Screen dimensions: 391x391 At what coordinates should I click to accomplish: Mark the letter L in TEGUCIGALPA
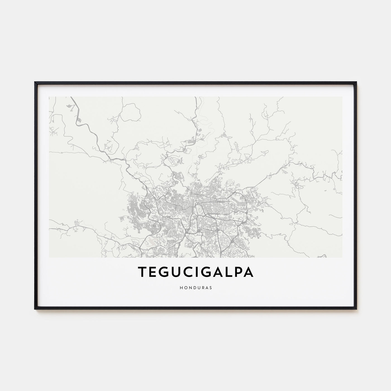[229, 272]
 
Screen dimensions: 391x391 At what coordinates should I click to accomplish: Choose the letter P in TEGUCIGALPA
[238, 272]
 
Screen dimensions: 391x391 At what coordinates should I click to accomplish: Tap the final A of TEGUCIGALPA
[249, 272]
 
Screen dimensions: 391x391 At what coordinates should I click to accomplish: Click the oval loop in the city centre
[199, 208]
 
